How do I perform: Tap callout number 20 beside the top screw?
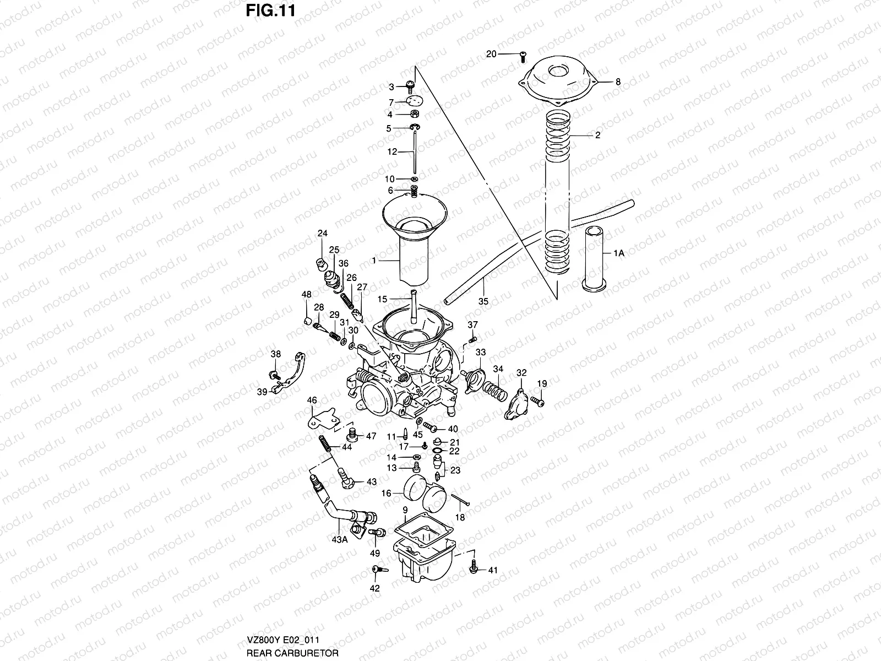tap(491, 53)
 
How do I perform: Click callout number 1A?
tap(619, 253)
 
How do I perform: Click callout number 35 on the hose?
tap(483, 301)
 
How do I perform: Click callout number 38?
tap(276, 354)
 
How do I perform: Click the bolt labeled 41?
tap(474, 567)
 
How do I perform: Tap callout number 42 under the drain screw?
tap(374, 589)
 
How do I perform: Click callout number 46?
tap(312, 400)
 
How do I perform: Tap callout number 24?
tap(322, 234)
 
